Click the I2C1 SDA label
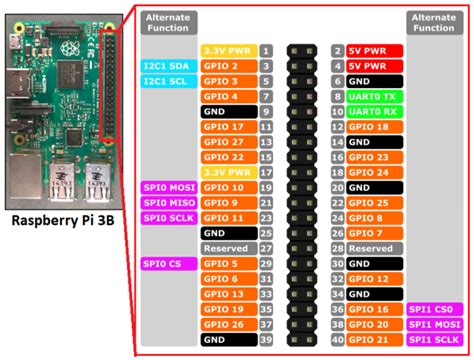click(x=166, y=65)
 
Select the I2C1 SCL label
click(x=166, y=81)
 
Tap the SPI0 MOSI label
click(x=166, y=187)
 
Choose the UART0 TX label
click(x=375, y=96)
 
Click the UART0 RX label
click(x=375, y=111)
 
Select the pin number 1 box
click(x=266, y=50)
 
